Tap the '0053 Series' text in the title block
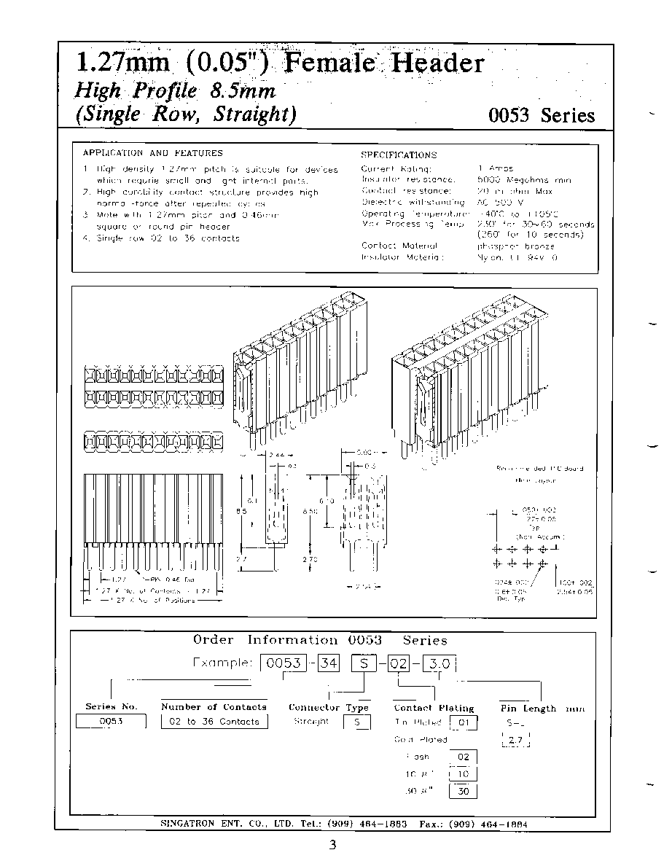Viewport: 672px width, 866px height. coord(542,115)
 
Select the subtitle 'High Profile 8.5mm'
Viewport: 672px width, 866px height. coord(175,91)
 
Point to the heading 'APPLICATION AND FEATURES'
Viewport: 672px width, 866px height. coord(153,153)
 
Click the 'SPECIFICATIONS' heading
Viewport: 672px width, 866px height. coord(399,155)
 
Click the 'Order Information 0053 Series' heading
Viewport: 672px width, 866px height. coord(320,640)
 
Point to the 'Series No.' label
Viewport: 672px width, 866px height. coord(111,706)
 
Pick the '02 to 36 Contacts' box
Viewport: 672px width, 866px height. coord(214,722)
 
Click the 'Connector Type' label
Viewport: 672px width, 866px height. coord(329,707)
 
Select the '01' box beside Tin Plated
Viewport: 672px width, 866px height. coord(464,723)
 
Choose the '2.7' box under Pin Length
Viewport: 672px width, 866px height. coord(516,741)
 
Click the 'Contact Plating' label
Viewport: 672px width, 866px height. coord(434,708)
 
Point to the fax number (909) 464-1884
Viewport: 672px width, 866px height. coord(483,824)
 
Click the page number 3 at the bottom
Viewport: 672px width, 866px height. coord(332,846)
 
